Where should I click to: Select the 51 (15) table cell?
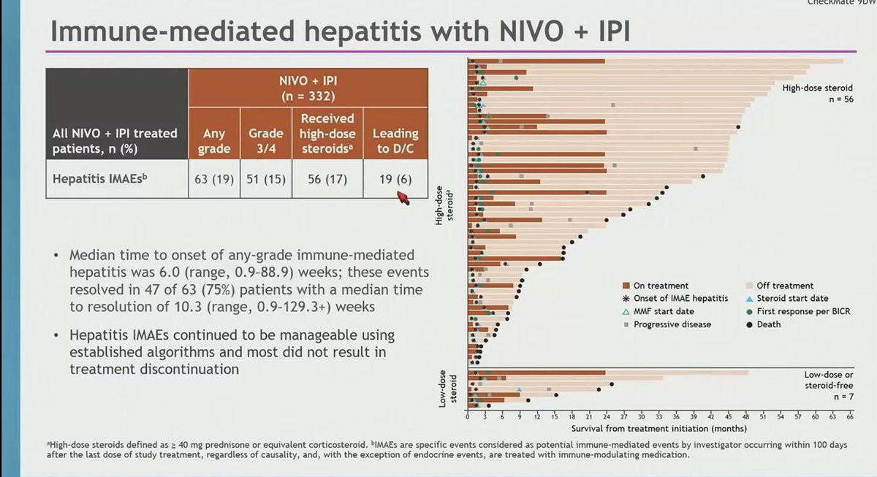point(265,180)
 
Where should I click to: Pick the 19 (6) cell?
point(395,180)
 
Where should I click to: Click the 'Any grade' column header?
point(213,141)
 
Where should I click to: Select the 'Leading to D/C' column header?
point(395,141)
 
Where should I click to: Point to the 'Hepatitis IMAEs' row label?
point(96,180)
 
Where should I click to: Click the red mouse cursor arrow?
point(402,197)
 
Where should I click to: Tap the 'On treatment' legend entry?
point(661,286)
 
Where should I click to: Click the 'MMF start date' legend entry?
point(664,311)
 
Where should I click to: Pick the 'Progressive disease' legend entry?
point(672,324)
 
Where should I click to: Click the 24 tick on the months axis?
point(605,416)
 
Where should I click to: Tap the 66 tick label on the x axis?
point(850,416)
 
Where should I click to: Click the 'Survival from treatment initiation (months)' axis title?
point(658,428)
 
